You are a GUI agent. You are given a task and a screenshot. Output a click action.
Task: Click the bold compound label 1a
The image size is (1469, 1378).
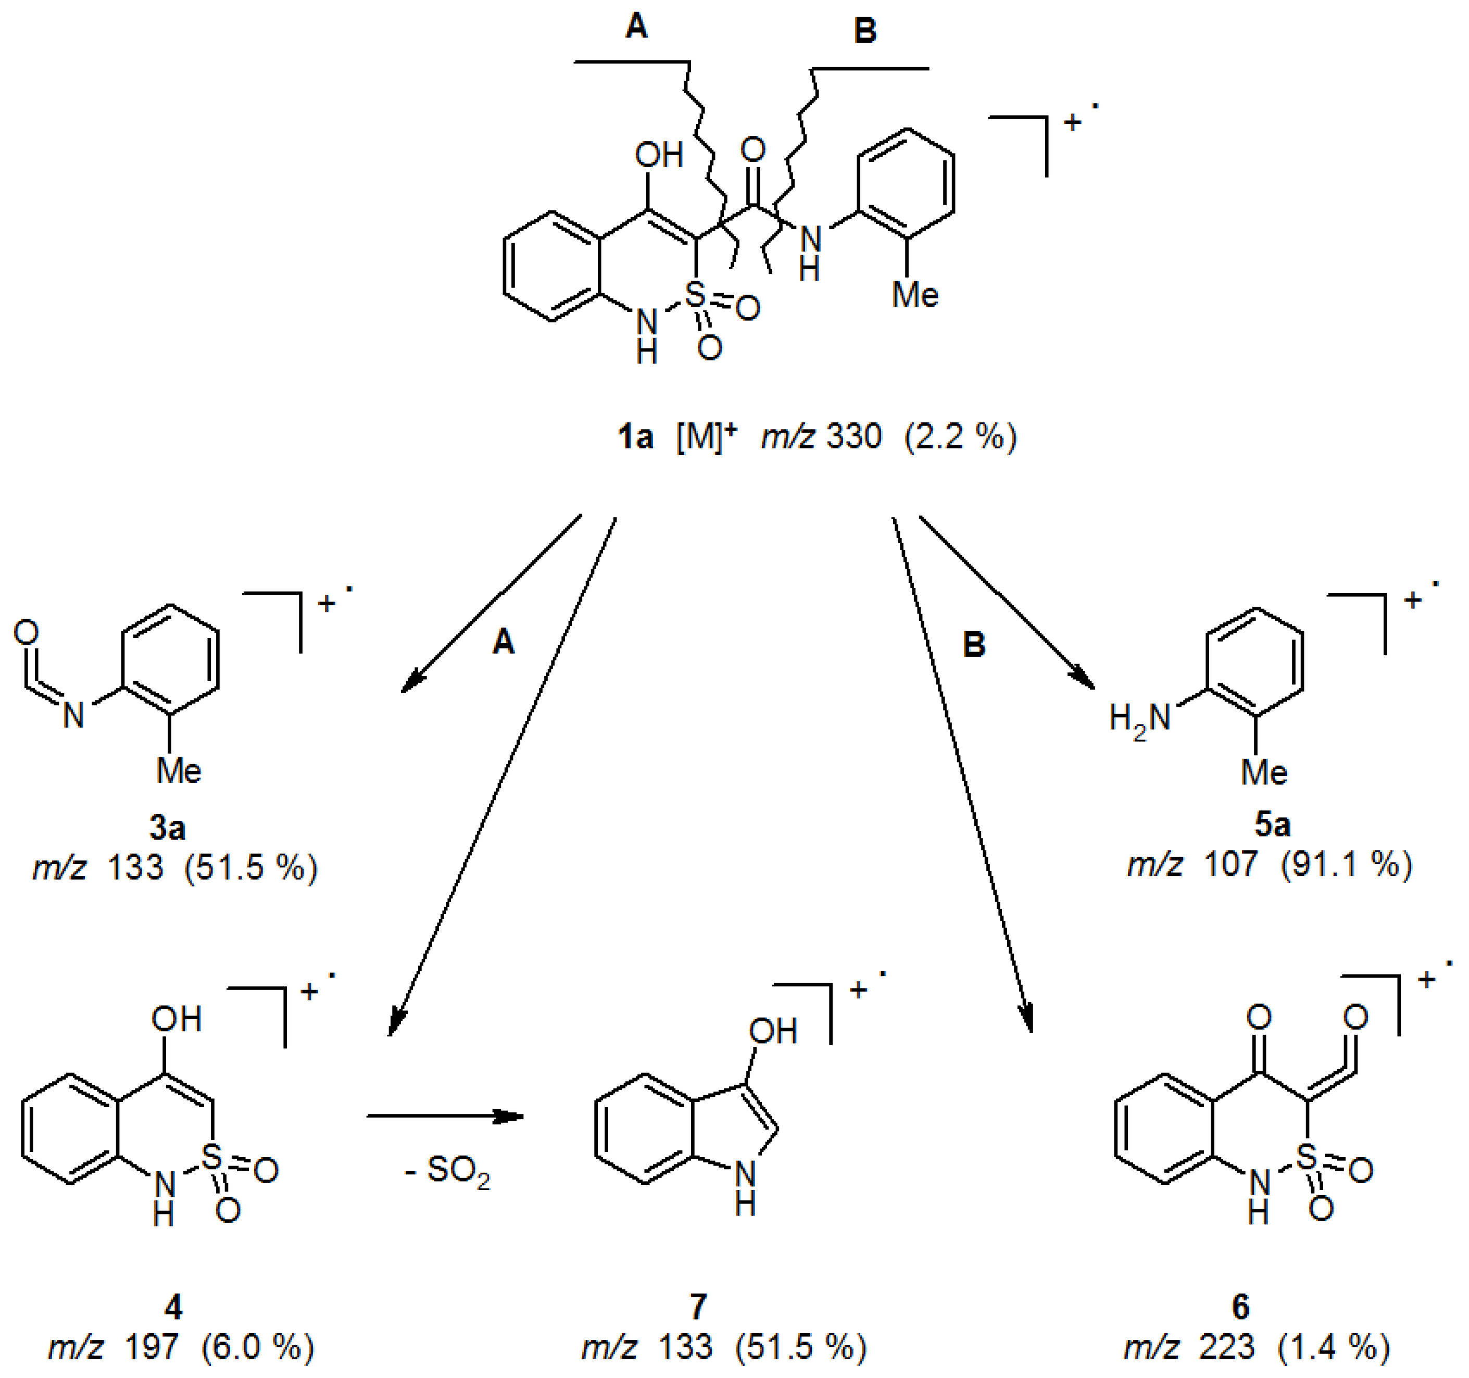coord(635,437)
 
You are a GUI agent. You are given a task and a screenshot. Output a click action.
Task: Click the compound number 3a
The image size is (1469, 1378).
coord(167,828)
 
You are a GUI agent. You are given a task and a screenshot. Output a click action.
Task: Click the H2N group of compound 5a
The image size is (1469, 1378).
coord(1140,719)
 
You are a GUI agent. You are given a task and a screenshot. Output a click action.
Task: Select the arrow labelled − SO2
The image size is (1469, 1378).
coord(445,1116)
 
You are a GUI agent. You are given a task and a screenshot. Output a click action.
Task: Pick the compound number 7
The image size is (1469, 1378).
coord(698,1307)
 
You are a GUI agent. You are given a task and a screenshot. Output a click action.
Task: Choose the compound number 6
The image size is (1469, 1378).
coord(1241,1307)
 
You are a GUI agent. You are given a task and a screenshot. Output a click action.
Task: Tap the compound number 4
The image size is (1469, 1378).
coord(173,1307)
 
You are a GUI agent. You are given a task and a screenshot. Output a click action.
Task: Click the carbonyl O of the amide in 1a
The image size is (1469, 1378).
coord(752,150)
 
